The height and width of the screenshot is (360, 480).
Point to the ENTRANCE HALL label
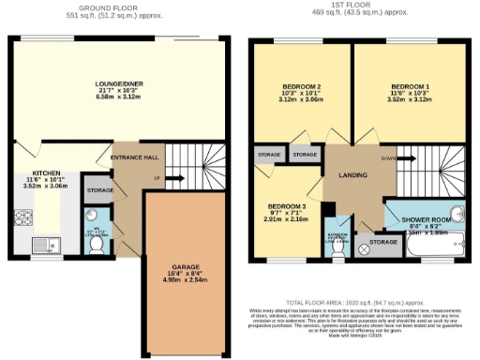tap(135, 157)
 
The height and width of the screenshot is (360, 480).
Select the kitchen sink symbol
tap(43, 247)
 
